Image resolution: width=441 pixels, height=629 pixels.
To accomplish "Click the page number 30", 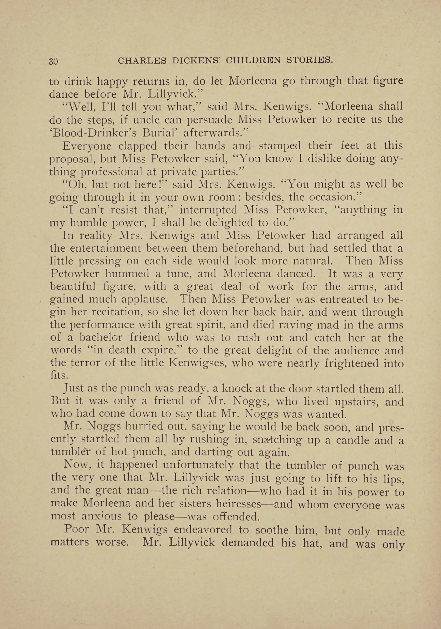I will tap(53, 61).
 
